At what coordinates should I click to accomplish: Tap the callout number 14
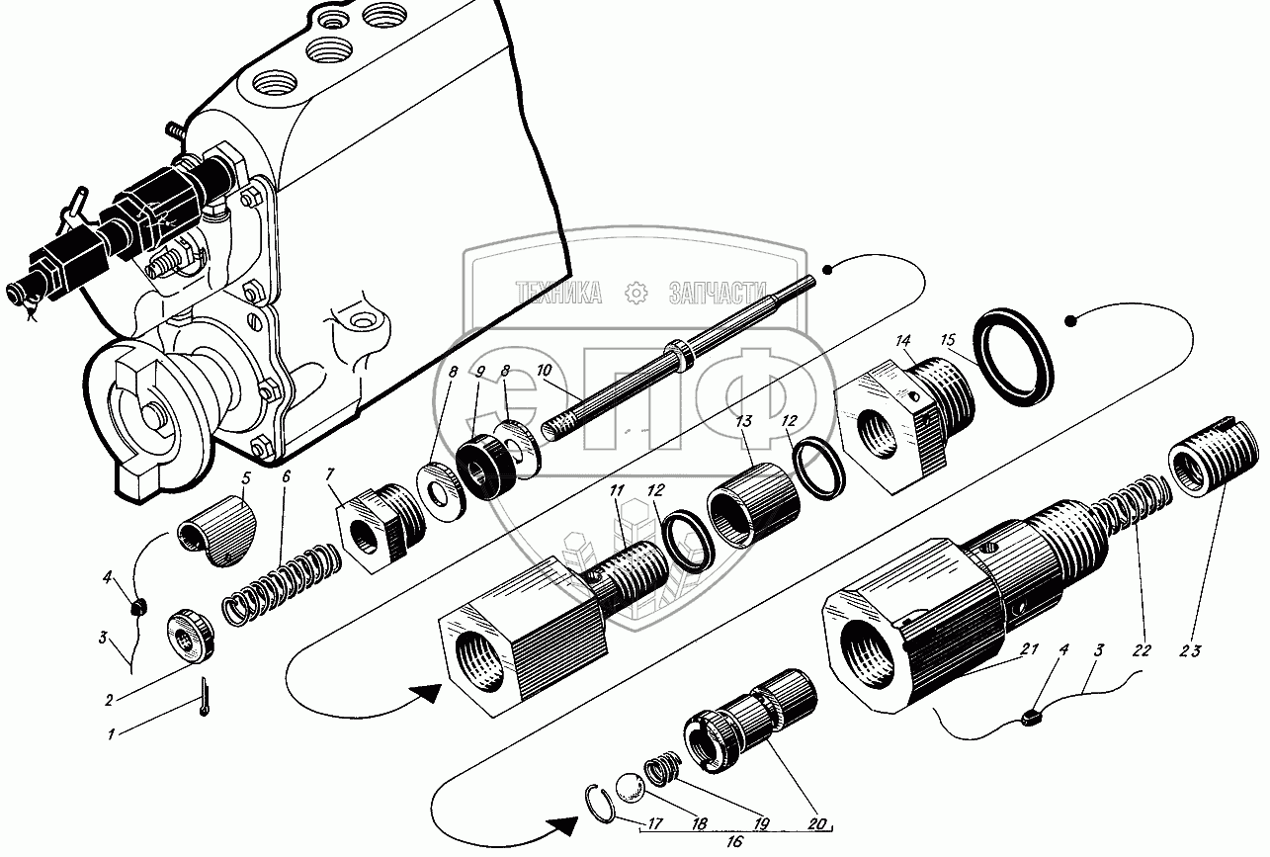[902, 341]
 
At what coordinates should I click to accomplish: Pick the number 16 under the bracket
[733, 843]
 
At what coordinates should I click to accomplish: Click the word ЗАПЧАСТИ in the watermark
[719, 291]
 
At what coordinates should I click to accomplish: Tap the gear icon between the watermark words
[635, 292]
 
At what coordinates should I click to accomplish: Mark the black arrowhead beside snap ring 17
[563, 822]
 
